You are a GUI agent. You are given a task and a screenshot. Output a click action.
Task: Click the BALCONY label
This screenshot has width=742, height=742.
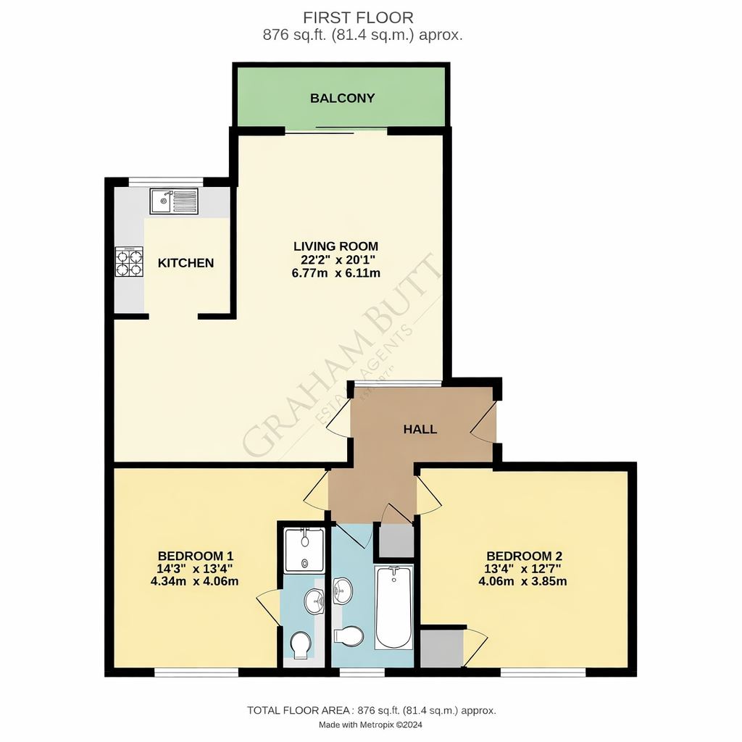(x=342, y=98)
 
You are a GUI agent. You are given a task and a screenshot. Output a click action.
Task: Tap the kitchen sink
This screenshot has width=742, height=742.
(x=174, y=201)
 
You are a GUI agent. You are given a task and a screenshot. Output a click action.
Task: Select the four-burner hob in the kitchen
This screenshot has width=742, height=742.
(x=128, y=262)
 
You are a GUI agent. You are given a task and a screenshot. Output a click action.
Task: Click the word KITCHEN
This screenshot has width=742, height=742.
(x=186, y=263)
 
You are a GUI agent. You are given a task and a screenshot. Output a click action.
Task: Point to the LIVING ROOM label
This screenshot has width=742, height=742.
(x=335, y=246)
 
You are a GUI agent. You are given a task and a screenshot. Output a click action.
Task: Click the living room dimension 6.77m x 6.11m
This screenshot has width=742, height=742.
(x=335, y=273)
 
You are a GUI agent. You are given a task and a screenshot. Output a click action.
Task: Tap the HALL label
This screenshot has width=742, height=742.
(x=420, y=429)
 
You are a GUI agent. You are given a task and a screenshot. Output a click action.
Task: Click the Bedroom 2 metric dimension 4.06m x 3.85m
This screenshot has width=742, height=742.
(x=522, y=581)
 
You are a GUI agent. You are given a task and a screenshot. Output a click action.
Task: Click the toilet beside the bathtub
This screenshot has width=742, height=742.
(x=349, y=636)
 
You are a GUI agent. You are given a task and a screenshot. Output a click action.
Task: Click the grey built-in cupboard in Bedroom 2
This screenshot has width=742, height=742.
(x=441, y=648)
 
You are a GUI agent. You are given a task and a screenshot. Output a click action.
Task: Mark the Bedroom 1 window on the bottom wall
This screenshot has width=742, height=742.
(x=196, y=672)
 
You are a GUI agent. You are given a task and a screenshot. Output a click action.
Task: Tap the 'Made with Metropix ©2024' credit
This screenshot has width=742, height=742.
(x=371, y=725)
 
